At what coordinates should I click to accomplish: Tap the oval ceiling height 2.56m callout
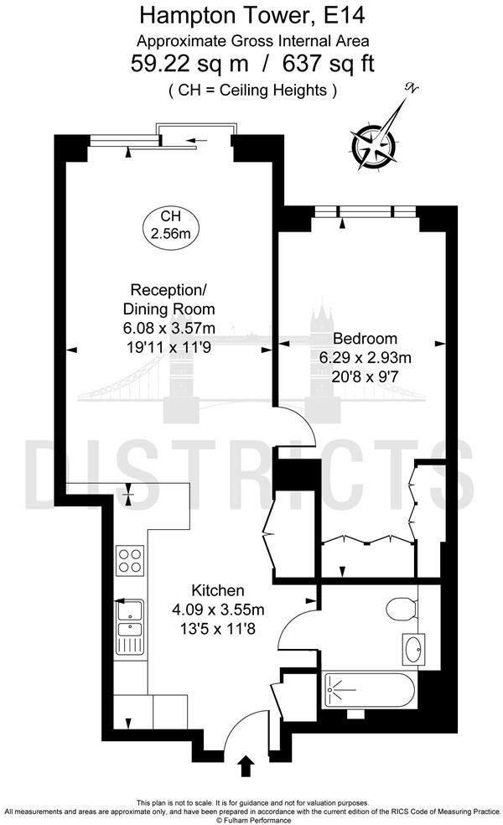[x=170, y=226]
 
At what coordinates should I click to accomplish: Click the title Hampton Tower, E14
[x=251, y=15]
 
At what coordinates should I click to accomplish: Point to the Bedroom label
[x=365, y=339]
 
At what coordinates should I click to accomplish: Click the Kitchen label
[x=218, y=590]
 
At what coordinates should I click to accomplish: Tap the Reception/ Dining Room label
[x=164, y=298]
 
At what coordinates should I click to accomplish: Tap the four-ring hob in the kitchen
[x=130, y=559]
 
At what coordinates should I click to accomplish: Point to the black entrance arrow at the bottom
[x=246, y=765]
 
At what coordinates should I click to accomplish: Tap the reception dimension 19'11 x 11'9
[x=169, y=345]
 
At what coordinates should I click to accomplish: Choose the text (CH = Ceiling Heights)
[x=251, y=90]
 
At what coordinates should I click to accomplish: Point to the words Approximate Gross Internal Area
[x=251, y=39]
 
